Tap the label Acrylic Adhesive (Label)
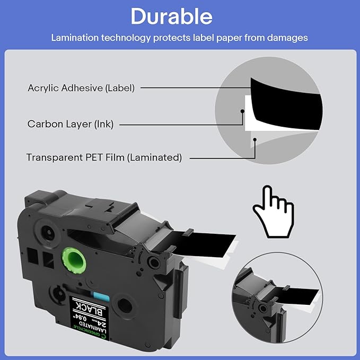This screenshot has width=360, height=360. pyautogui.click(x=81, y=87)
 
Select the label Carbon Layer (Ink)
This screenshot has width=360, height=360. pyautogui.click(x=71, y=124)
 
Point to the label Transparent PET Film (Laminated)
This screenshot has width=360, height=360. pyautogui.click(x=104, y=157)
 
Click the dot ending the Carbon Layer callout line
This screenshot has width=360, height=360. pyautogui.click(x=242, y=111)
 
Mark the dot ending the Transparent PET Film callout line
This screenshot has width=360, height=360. pyautogui.click(x=255, y=139)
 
